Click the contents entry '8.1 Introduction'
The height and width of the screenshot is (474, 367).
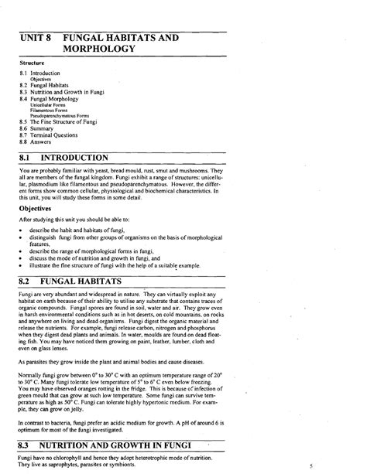tap(43, 73)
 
